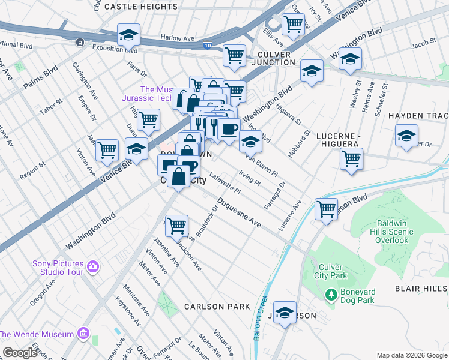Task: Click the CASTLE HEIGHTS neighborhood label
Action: pyautogui.click(x=141, y=6)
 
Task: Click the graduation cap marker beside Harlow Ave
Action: pyautogui.click(x=128, y=36)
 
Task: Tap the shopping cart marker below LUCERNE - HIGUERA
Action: pyautogui.click(x=351, y=159)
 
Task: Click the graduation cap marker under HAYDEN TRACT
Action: pyautogui.click(x=406, y=136)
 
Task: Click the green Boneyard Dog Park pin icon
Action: pyautogui.click(x=330, y=295)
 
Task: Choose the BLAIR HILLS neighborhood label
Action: pyautogui.click(x=421, y=289)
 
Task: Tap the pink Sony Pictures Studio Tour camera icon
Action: pyautogui.click(x=92, y=266)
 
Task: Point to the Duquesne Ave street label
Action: pyautogui.click(x=240, y=213)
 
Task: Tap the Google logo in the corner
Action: pyautogui.click(x=19, y=352)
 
